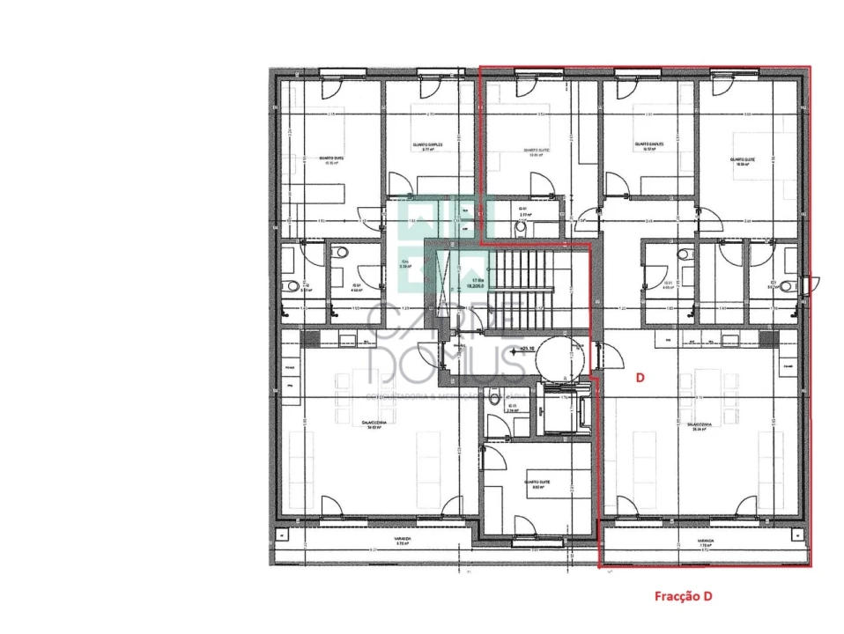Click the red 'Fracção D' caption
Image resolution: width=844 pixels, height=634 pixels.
(683, 596)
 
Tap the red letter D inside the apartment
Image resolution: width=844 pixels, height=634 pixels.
(640, 377)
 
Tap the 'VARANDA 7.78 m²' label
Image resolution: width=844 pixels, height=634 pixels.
(705, 544)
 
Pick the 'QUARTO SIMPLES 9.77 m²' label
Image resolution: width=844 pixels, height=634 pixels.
(427, 146)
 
